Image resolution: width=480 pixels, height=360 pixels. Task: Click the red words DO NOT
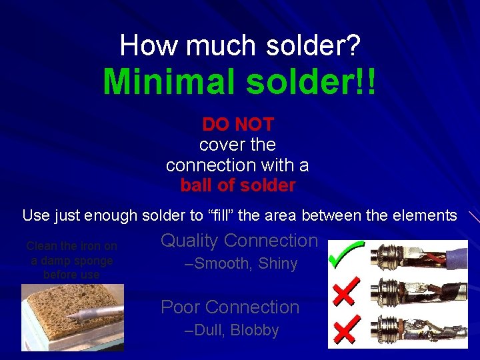pos(238,124)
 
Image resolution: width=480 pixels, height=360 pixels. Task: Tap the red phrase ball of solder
pos(238,185)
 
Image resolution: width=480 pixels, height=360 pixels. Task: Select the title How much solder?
pos(240,45)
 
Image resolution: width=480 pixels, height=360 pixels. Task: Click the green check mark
pos(346,256)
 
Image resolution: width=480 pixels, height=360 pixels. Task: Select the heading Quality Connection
pos(240,241)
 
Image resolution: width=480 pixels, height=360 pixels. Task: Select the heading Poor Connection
pos(230,307)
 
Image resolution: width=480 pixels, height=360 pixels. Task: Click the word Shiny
pos(277,264)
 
